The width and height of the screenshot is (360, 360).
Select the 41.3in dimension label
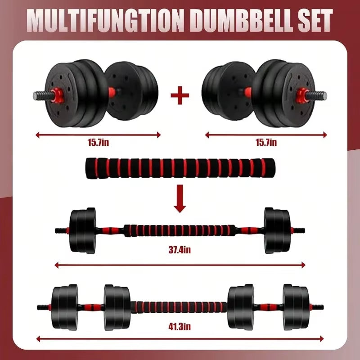[x=180, y=326]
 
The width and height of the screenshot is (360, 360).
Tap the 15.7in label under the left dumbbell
[x=98, y=143]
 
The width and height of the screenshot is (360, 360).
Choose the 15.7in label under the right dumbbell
[x=266, y=143]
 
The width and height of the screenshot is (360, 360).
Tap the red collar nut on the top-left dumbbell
[x=58, y=95]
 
